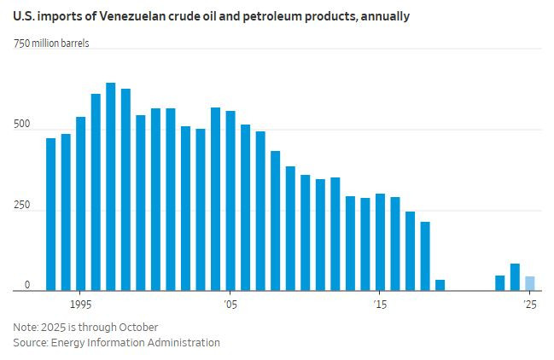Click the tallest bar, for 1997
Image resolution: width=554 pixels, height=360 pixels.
coord(111,188)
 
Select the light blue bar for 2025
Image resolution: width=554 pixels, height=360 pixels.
coord(530,283)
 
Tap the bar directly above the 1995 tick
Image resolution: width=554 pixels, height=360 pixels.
coord(81,204)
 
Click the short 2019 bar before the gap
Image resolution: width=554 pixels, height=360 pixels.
coord(440,285)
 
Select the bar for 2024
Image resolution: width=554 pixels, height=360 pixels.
coord(515,277)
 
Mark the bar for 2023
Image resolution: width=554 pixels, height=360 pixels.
coord(500,283)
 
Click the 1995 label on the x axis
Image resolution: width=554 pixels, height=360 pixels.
coord(81,305)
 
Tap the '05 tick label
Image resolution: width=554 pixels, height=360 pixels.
coord(230,305)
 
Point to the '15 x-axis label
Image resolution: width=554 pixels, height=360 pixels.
coord(379,305)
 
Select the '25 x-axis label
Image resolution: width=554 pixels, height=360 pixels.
coord(529,305)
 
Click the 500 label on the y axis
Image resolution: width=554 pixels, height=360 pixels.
coord(22,125)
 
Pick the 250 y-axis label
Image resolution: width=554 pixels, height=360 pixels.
coord(22,205)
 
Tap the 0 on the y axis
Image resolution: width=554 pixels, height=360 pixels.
coord(26,285)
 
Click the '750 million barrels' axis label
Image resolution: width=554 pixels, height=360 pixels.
coord(50,44)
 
